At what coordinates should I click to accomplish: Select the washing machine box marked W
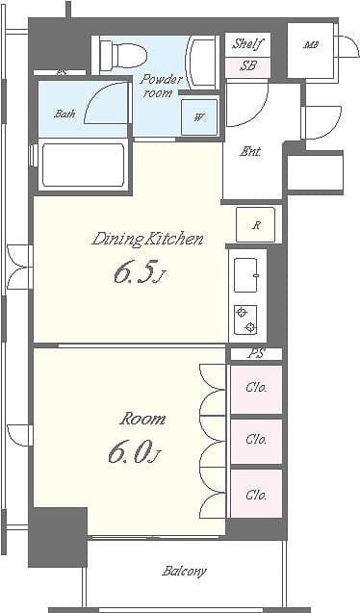[199, 117]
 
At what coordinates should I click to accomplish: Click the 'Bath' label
[64, 114]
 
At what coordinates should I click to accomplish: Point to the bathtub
[84, 166]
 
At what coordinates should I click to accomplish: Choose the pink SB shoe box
[247, 66]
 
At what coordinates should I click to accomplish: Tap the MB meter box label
[311, 45]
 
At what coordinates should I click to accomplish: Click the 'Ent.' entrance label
[250, 150]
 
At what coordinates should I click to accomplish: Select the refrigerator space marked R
[256, 225]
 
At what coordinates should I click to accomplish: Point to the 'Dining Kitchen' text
[147, 239]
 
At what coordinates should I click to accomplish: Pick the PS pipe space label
[255, 354]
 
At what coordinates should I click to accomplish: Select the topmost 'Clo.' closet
[255, 389]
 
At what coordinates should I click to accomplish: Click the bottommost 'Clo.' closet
[255, 495]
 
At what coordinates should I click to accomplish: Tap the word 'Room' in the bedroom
[142, 419]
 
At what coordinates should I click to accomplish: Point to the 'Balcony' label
[183, 571]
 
